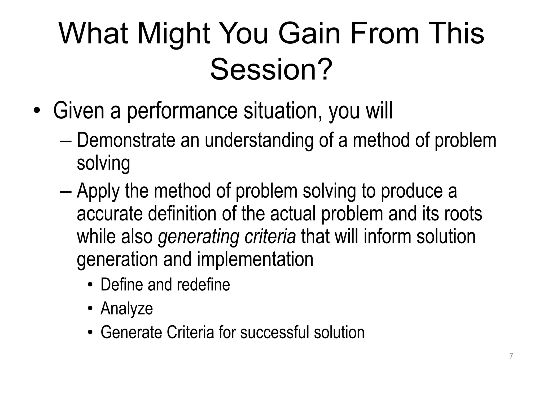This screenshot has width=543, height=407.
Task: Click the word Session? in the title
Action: click(271, 70)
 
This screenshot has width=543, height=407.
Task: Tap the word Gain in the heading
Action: click(309, 34)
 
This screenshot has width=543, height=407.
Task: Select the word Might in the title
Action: click(174, 34)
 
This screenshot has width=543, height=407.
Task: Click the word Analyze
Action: click(127, 309)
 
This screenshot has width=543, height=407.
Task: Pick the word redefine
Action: click(203, 285)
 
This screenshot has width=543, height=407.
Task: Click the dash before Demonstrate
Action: click(66, 140)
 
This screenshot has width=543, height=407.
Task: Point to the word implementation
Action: click(255, 260)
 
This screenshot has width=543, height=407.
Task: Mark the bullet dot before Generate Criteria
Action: click(91, 333)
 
